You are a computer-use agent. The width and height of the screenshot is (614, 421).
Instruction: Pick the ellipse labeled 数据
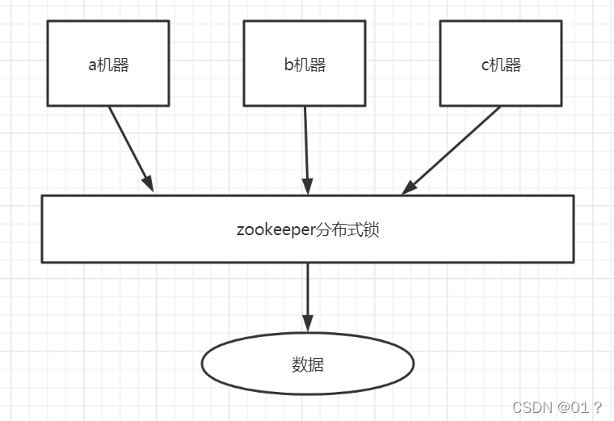point(307,364)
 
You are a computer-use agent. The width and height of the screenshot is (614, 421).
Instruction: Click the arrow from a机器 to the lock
point(129,147)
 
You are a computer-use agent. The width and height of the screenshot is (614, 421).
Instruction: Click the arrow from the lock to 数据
point(307,294)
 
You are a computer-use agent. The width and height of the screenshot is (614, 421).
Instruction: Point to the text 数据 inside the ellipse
point(307,364)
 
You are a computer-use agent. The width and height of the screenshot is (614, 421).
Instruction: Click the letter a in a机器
point(92,65)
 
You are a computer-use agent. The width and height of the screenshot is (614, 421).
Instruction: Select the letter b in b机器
point(288,65)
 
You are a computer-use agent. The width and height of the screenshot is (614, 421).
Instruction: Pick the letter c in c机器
point(485,65)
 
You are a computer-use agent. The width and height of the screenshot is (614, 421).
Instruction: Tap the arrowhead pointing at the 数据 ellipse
point(307,323)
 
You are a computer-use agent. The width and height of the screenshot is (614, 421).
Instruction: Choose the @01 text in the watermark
point(573,407)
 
